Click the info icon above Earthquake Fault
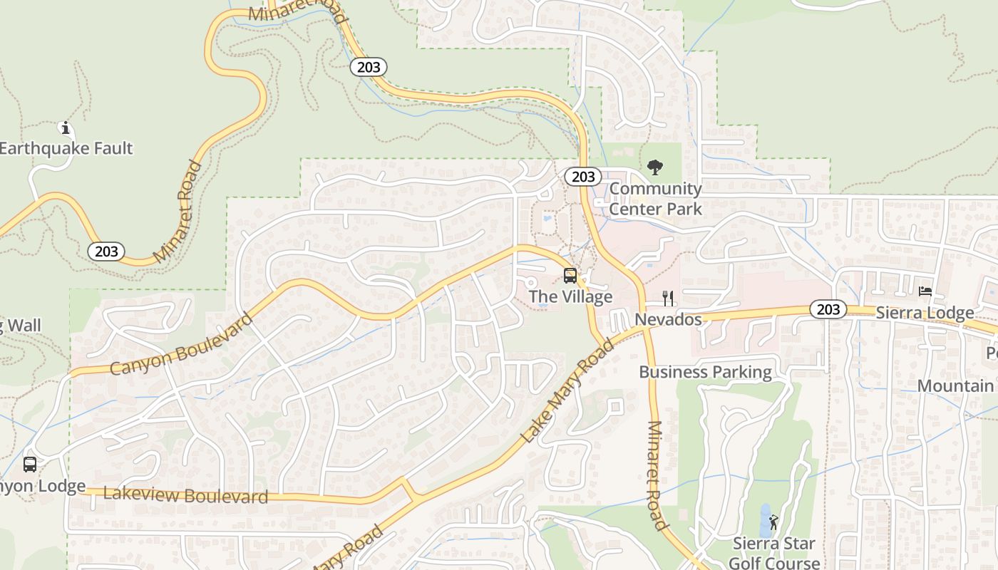66,128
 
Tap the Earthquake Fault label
66,148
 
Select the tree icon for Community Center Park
654,168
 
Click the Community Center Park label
655,199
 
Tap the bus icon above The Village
570,276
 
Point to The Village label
570,296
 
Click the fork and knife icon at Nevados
668,298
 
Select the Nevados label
668,319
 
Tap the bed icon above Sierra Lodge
925,291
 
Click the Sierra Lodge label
925,313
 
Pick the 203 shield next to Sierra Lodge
828,309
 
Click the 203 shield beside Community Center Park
583,177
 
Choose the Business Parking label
705,372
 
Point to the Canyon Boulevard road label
182,343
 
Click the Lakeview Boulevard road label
185,495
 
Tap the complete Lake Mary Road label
567,391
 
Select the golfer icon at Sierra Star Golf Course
773,523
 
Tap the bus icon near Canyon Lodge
30,465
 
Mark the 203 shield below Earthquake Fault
106,251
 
